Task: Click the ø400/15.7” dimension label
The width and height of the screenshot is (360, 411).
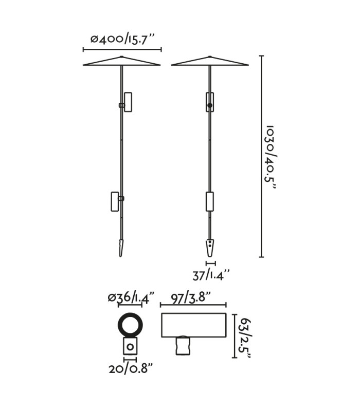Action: [122, 40]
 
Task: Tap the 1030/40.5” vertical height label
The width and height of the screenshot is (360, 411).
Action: [271, 157]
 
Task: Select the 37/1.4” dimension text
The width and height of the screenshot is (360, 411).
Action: [211, 275]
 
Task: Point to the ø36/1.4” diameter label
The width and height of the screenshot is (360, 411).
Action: [131, 298]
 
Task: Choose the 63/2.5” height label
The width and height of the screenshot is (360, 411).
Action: [246, 339]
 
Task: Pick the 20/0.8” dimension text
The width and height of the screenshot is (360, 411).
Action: [131, 369]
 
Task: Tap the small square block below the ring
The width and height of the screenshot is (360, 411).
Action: [130, 346]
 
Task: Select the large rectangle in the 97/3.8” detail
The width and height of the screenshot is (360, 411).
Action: [194, 325]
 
